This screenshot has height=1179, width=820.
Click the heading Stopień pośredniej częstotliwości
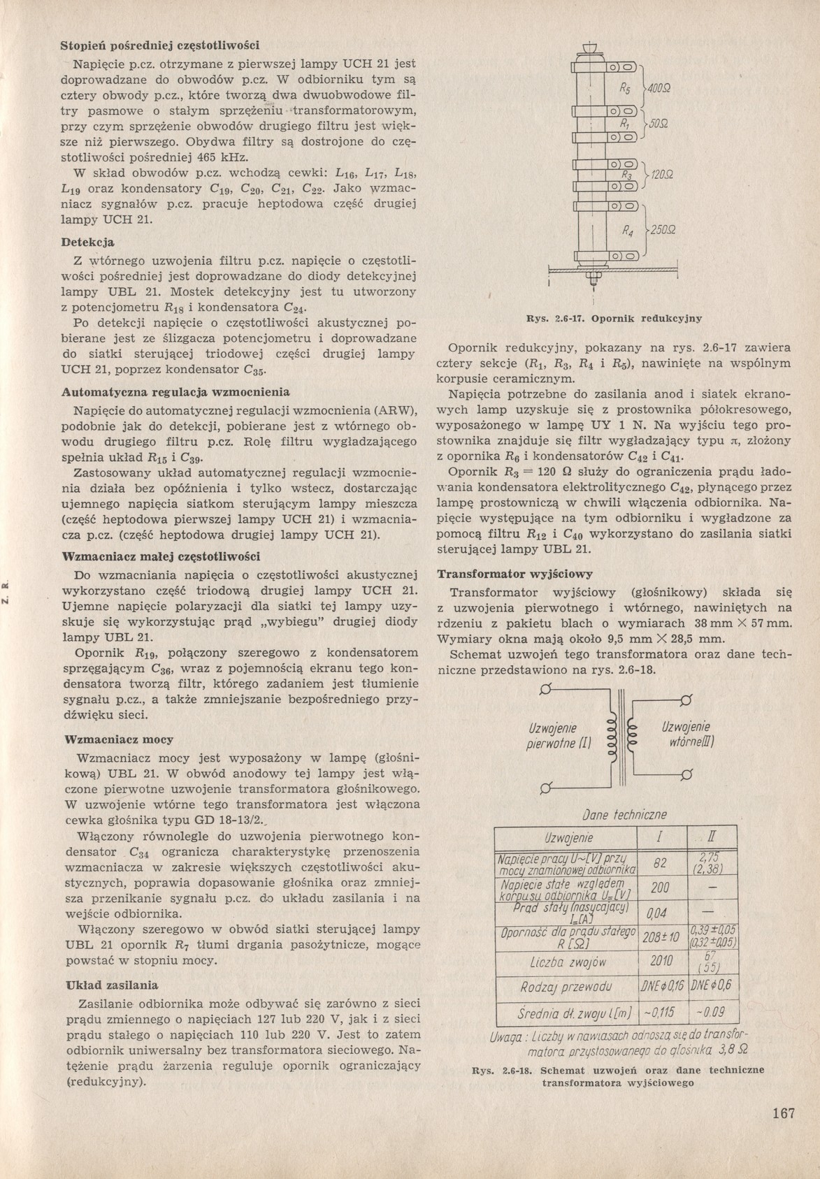[160, 45]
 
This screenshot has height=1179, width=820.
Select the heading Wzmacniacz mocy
[118, 739]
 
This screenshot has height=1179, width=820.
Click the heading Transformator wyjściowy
[515, 574]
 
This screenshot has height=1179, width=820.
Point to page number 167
[784, 1113]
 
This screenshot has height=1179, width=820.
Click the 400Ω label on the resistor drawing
[659, 89]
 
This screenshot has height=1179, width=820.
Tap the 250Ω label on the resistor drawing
[661, 230]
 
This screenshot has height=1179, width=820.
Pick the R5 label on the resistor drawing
[625, 89]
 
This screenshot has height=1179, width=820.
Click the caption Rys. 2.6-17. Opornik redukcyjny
[614, 319]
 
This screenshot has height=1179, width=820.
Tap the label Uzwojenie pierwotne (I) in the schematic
[559, 736]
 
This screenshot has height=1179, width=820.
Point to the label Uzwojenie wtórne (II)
[685, 735]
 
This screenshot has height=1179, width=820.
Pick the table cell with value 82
[659, 864]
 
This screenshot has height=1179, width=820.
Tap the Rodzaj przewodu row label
[566, 987]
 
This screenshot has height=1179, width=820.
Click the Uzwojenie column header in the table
[566, 837]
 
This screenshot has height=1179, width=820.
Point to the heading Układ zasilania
[111, 985]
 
